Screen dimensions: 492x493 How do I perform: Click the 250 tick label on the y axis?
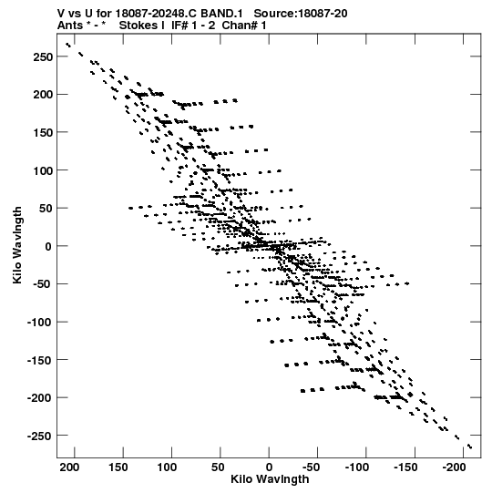point(43,56)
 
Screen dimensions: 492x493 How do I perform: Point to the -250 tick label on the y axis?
point(39,437)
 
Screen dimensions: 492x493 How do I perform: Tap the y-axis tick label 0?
point(48,246)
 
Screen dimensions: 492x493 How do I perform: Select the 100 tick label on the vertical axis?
point(43,170)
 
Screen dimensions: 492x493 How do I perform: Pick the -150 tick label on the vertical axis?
point(39,360)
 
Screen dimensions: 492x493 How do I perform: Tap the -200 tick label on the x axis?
point(454,467)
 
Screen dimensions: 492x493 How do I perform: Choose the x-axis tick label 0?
point(269,467)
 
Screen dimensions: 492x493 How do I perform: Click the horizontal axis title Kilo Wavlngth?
point(270,479)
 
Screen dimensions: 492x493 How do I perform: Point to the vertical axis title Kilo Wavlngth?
point(17,245)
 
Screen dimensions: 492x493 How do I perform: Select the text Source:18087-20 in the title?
point(301,14)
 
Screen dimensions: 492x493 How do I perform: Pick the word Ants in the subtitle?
point(70,26)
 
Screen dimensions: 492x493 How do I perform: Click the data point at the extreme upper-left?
point(68,45)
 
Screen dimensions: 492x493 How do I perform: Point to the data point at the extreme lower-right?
point(470,447)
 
